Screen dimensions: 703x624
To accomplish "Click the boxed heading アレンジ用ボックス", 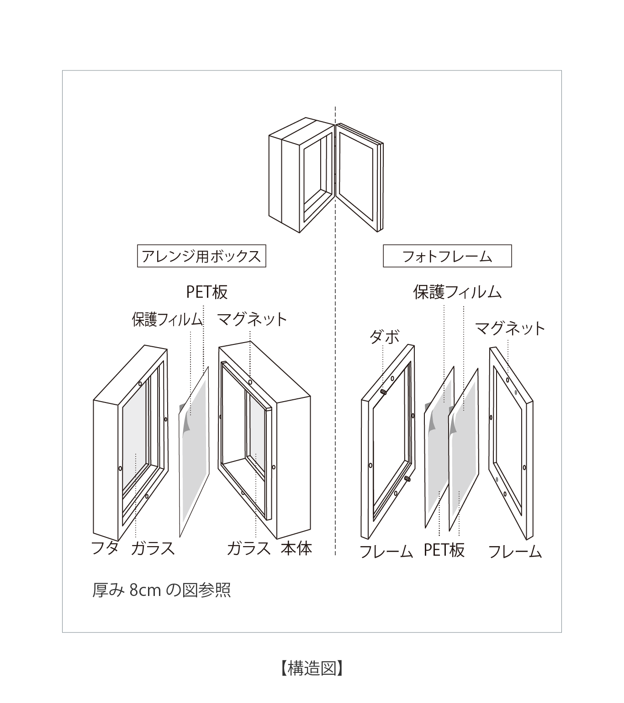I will [201, 256].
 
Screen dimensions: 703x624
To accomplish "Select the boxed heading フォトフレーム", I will [447, 256].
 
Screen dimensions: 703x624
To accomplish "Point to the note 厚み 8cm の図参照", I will [161, 590].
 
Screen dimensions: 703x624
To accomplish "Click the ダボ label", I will [384, 337].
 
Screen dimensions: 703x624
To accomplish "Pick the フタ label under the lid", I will [105, 547].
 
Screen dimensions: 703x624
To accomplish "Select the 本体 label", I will [296, 547].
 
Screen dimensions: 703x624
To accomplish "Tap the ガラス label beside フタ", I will [153, 547].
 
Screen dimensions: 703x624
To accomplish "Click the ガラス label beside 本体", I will [249, 547].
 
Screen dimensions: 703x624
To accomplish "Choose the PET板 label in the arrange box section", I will [206, 292].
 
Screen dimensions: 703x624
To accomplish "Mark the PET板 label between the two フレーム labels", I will [444, 550].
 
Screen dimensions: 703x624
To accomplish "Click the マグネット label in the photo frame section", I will [510, 328].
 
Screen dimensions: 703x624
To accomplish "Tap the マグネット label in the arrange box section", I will [252, 319].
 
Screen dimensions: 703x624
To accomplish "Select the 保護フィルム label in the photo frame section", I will [457, 292].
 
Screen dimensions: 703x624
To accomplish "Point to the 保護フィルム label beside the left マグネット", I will [167, 319].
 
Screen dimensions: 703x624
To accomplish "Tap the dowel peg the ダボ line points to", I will [384, 392].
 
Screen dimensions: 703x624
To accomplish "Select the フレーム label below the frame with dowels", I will [386, 552].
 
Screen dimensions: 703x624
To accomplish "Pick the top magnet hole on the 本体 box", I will [250, 381].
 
